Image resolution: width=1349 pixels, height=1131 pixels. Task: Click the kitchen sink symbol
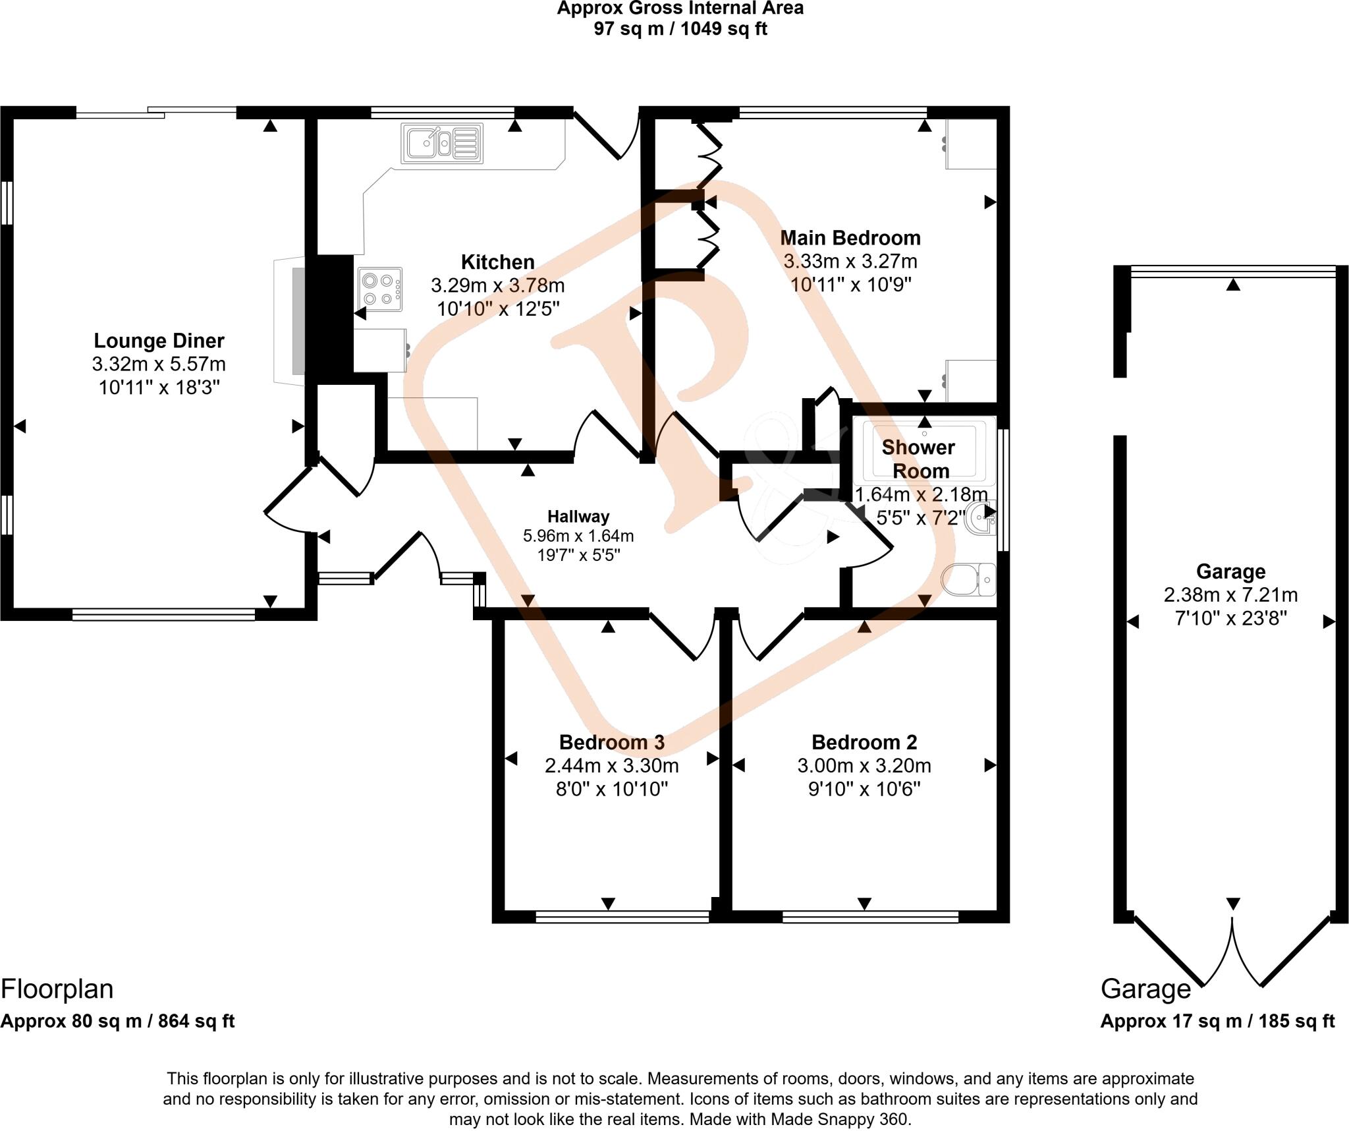click(x=441, y=143)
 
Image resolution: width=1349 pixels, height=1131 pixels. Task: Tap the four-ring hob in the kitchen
click(x=380, y=289)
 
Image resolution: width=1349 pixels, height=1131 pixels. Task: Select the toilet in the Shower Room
click(x=968, y=579)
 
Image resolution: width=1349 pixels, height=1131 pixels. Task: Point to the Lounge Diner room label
click(x=159, y=341)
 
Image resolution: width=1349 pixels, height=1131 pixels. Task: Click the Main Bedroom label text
click(x=850, y=238)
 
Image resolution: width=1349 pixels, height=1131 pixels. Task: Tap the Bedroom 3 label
click(x=611, y=742)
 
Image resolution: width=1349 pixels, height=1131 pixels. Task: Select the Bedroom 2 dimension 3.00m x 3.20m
click(x=864, y=766)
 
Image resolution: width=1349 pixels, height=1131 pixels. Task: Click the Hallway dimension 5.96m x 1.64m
click(x=578, y=536)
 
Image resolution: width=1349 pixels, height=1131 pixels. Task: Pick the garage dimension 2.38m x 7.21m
click(x=1230, y=595)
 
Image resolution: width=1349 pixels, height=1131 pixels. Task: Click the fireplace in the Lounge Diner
click(x=290, y=321)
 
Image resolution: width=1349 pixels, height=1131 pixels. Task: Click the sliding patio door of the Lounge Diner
click(x=156, y=113)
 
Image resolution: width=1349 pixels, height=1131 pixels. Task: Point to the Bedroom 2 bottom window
click(x=869, y=916)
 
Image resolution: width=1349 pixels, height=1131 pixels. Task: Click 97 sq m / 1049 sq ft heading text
click(x=680, y=29)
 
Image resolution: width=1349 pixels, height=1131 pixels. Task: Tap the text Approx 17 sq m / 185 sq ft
click(x=1217, y=1021)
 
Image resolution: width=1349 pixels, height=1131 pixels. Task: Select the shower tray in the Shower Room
click(x=923, y=451)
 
